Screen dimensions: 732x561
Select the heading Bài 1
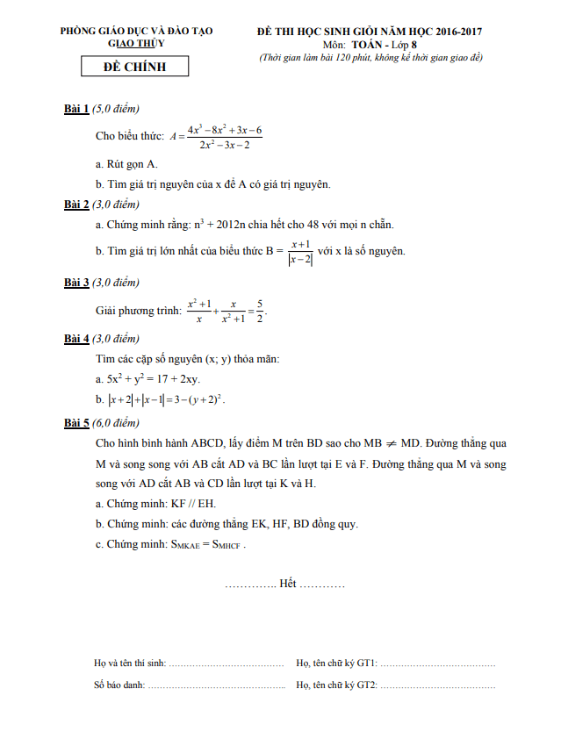[x=76, y=109]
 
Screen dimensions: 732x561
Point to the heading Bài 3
[x=76, y=283]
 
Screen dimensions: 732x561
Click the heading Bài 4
[x=76, y=339]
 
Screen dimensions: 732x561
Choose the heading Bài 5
[x=76, y=423]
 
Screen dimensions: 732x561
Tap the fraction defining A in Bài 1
[x=224, y=137]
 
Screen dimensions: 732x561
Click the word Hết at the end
[x=287, y=584]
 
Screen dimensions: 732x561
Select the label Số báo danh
[x=119, y=685]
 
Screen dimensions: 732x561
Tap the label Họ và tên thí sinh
[x=129, y=664]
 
